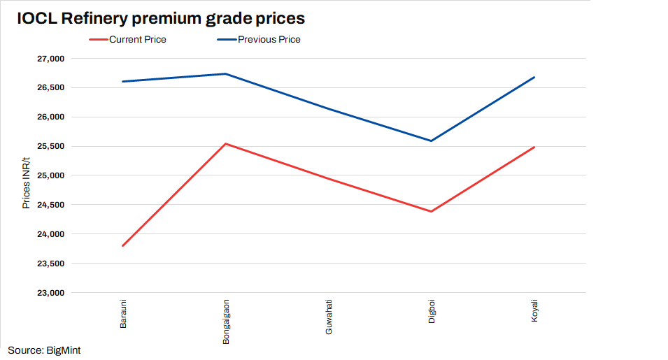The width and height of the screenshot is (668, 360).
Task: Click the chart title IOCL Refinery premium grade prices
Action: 161,18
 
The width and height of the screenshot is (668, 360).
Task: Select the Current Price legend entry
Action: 137,40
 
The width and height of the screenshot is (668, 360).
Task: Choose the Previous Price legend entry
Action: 269,40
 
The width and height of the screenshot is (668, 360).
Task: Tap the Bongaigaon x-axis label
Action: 226,322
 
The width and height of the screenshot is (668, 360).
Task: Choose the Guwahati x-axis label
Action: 329,318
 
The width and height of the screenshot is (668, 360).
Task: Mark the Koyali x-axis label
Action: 534,312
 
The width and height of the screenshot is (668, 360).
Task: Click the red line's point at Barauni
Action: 123,246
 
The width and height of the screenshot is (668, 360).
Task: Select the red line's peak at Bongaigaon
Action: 226,144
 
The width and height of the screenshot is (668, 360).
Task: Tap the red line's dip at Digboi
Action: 432,211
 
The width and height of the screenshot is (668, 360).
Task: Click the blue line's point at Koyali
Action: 534,78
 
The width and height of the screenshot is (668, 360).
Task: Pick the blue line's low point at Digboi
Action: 432,141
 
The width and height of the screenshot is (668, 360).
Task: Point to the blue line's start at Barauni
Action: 123,82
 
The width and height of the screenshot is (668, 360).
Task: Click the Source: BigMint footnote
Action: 45,350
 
